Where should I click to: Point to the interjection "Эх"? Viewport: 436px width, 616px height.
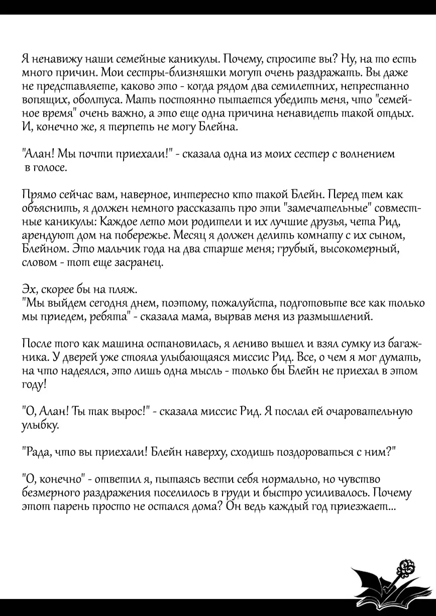30,290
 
